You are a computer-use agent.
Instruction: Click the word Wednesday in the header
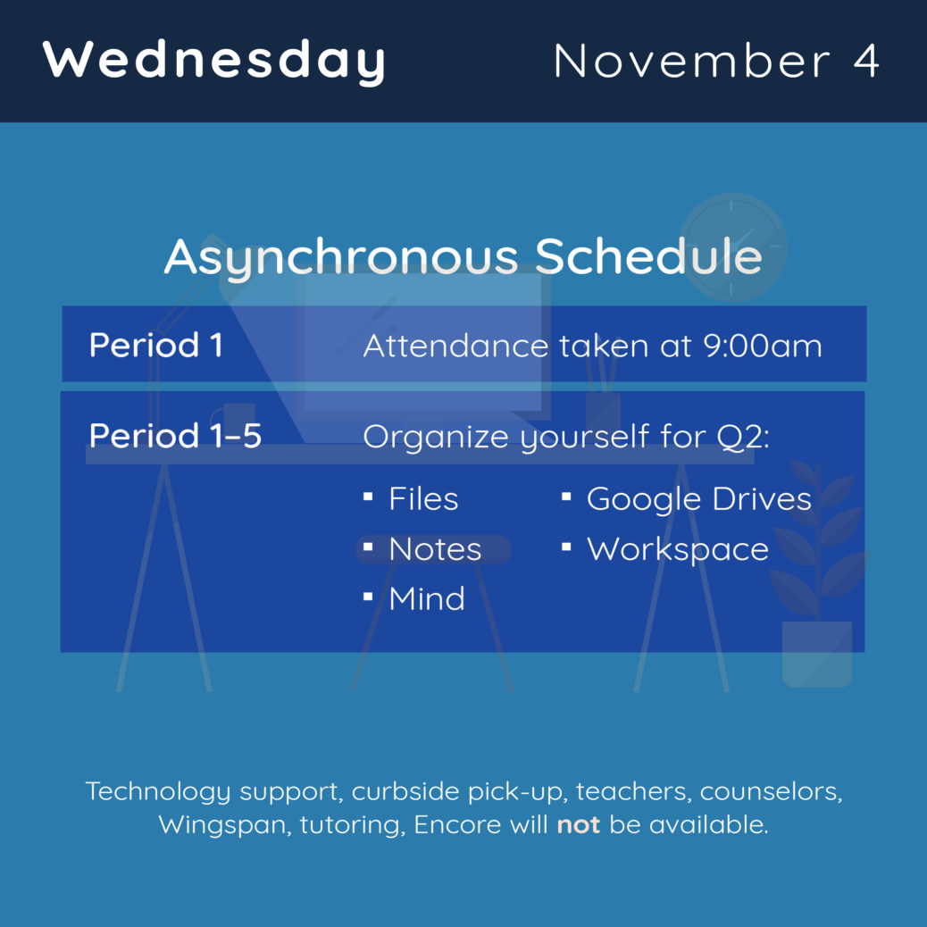(213, 61)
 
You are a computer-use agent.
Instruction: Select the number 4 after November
(865, 61)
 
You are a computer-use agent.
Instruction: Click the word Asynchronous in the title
(341, 258)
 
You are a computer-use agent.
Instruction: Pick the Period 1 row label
(155, 345)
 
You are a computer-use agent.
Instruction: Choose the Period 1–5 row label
(175, 436)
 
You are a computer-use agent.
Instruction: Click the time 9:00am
(763, 346)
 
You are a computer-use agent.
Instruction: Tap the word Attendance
(455, 346)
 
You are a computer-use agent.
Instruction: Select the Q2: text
(743, 438)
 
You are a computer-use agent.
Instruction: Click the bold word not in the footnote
(578, 824)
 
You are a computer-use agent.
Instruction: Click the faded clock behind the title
(732, 247)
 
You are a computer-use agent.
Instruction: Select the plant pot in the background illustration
(817, 654)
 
